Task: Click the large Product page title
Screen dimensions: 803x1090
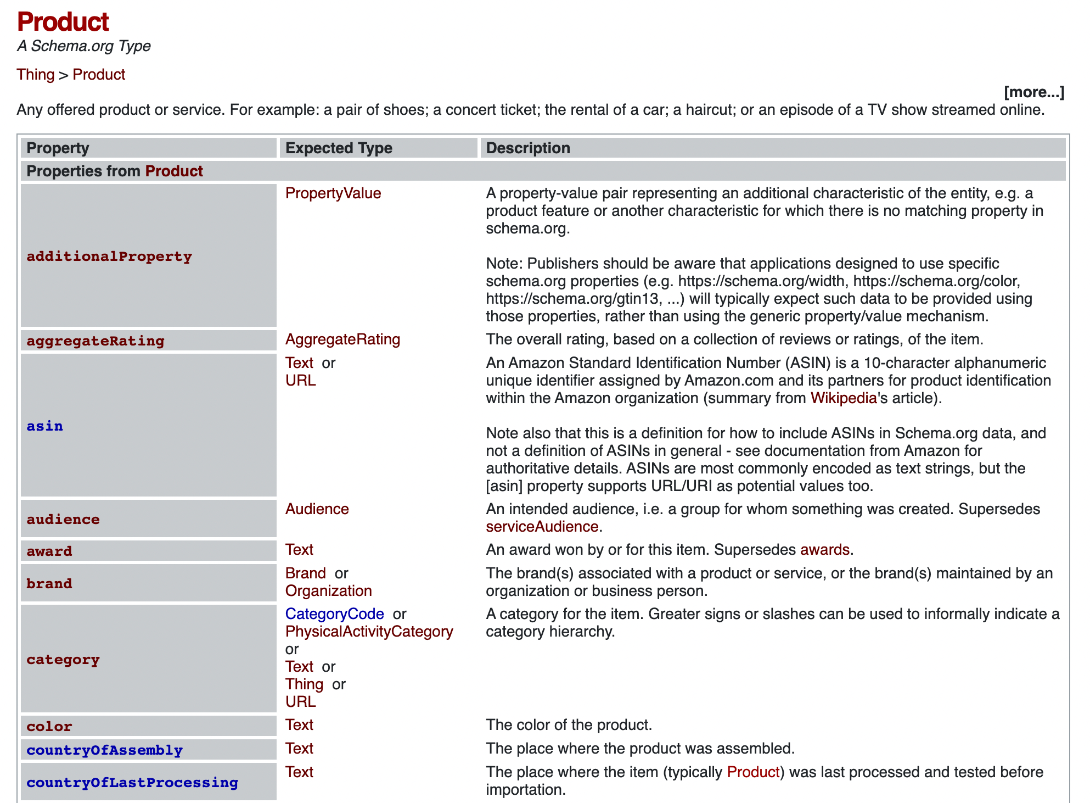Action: coord(63,22)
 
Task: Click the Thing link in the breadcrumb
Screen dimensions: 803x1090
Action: coord(36,74)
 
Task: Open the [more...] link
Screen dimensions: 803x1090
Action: coord(1033,92)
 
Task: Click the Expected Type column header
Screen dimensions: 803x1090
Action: coord(339,148)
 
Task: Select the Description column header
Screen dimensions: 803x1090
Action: coord(528,148)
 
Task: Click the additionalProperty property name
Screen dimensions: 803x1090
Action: coord(109,256)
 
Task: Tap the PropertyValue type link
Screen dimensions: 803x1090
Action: coord(333,193)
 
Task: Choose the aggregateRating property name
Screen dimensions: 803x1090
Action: coord(95,341)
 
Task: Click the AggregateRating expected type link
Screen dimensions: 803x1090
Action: coord(342,339)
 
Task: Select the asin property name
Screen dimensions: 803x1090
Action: coord(45,426)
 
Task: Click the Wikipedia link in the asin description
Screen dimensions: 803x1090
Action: coord(843,398)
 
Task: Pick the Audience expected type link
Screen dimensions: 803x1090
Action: coord(317,509)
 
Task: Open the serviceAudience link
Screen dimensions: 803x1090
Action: coord(542,526)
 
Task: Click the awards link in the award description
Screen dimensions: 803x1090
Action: coord(824,549)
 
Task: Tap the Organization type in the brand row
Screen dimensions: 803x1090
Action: coord(329,590)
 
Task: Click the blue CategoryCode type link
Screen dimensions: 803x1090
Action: coord(335,614)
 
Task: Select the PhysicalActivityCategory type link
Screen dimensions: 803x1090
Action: coord(369,631)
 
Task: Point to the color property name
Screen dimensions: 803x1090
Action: coord(49,726)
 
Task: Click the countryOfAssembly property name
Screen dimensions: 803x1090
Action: coord(105,750)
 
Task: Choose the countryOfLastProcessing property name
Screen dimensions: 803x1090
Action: coord(132,782)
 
